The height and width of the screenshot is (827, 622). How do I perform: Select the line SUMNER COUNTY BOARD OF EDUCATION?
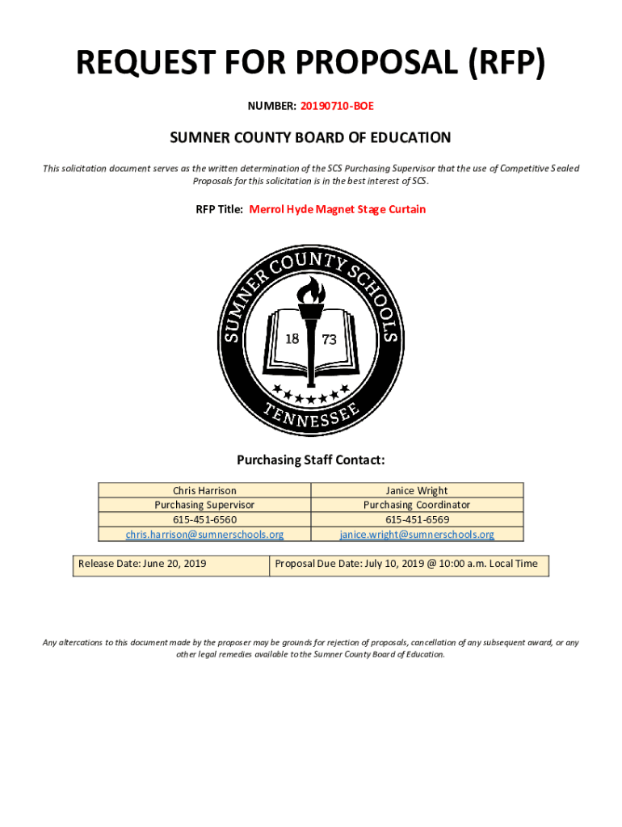point(310,138)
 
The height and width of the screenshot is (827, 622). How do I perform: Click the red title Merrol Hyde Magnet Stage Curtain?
point(337,209)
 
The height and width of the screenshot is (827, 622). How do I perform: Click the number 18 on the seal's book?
point(292,338)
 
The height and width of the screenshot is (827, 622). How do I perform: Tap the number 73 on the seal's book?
point(329,340)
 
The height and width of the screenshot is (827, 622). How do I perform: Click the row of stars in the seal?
point(311,395)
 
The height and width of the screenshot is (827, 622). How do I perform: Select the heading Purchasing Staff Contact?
point(311,460)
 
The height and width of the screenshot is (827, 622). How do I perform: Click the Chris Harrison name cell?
point(204,490)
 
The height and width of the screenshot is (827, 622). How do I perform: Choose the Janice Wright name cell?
point(417,490)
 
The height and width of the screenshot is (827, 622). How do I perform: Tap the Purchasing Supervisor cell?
point(204,505)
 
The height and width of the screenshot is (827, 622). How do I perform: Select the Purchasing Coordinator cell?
point(417,505)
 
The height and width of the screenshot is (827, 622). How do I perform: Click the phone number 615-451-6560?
point(204,519)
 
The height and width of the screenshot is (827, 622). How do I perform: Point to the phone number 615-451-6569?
point(417,519)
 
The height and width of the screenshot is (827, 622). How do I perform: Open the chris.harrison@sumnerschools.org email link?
point(204,534)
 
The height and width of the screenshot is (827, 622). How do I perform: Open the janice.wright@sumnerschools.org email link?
point(417,534)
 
